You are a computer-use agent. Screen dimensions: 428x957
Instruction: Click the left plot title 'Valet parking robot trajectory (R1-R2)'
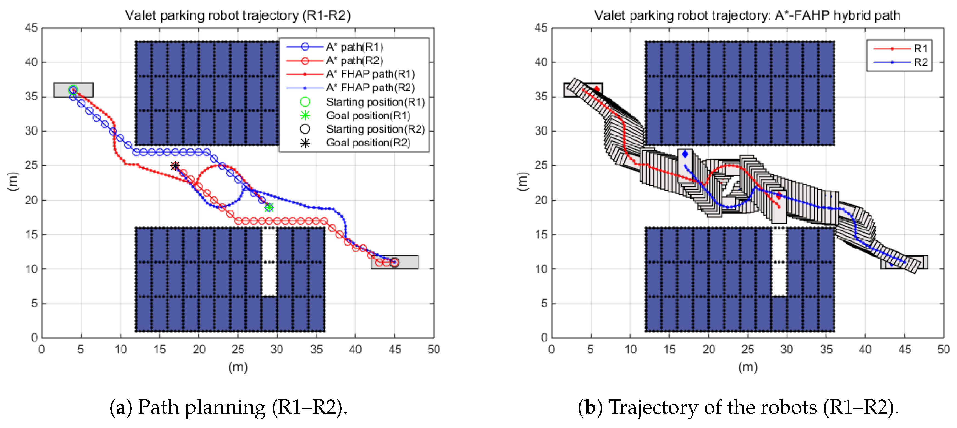click(x=238, y=15)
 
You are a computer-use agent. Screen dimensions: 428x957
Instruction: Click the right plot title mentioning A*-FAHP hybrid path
click(x=747, y=15)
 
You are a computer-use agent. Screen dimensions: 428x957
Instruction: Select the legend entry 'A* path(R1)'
click(x=354, y=47)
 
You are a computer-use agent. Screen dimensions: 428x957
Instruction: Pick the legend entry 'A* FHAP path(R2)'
click(x=370, y=88)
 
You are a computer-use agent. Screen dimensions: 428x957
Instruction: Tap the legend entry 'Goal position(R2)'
click(x=368, y=143)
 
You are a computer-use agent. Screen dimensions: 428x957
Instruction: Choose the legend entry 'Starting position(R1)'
click(x=375, y=102)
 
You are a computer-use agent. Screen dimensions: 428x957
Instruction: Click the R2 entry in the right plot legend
click(x=920, y=62)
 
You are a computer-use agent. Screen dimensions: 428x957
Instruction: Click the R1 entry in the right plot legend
click(x=920, y=48)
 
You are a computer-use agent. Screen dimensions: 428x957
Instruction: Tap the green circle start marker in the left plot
click(x=73, y=90)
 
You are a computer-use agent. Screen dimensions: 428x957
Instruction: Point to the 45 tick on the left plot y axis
click(x=31, y=28)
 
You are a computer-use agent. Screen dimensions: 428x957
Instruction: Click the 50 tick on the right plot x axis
click(x=943, y=349)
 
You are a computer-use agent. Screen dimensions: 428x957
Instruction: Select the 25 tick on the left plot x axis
click(x=238, y=349)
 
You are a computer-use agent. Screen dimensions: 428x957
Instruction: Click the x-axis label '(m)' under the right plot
click(x=747, y=367)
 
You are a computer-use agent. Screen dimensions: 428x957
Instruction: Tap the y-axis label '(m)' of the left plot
click(x=13, y=182)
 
